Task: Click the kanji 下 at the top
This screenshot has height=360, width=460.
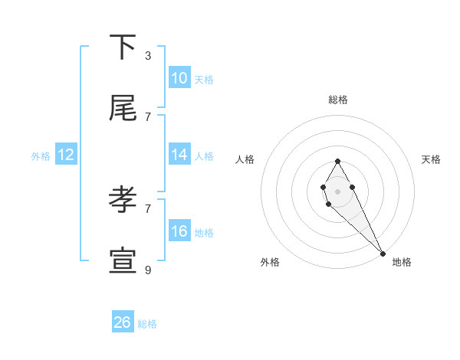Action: coord(123,47)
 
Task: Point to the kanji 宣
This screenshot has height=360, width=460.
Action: coord(123,262)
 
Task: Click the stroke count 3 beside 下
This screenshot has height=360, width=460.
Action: coord(148,55)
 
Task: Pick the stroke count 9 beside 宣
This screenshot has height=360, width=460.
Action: coord(148,270)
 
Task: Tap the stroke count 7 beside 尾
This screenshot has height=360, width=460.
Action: coord(148,116)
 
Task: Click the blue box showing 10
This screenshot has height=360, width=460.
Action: coord(179,77)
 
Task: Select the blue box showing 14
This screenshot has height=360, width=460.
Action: coord(179,155)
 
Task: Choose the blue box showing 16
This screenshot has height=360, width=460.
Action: coord(179,231)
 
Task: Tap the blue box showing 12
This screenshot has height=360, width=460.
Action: coord(66,155)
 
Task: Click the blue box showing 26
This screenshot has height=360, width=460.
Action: coord(123,322)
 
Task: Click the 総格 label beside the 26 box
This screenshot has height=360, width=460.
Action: coord(147,324)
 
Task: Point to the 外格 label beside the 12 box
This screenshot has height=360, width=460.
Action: coord(41,156)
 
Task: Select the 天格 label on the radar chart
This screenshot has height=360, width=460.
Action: coord(431,159)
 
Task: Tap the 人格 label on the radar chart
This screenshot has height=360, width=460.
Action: coord(245,159)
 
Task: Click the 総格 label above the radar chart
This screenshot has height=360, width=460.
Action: coord(337,100)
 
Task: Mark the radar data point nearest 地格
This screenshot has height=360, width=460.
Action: coord(383,253)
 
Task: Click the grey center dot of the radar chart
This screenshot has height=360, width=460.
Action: coord(337,190)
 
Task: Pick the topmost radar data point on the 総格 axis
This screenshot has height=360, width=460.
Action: coord(337,161)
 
